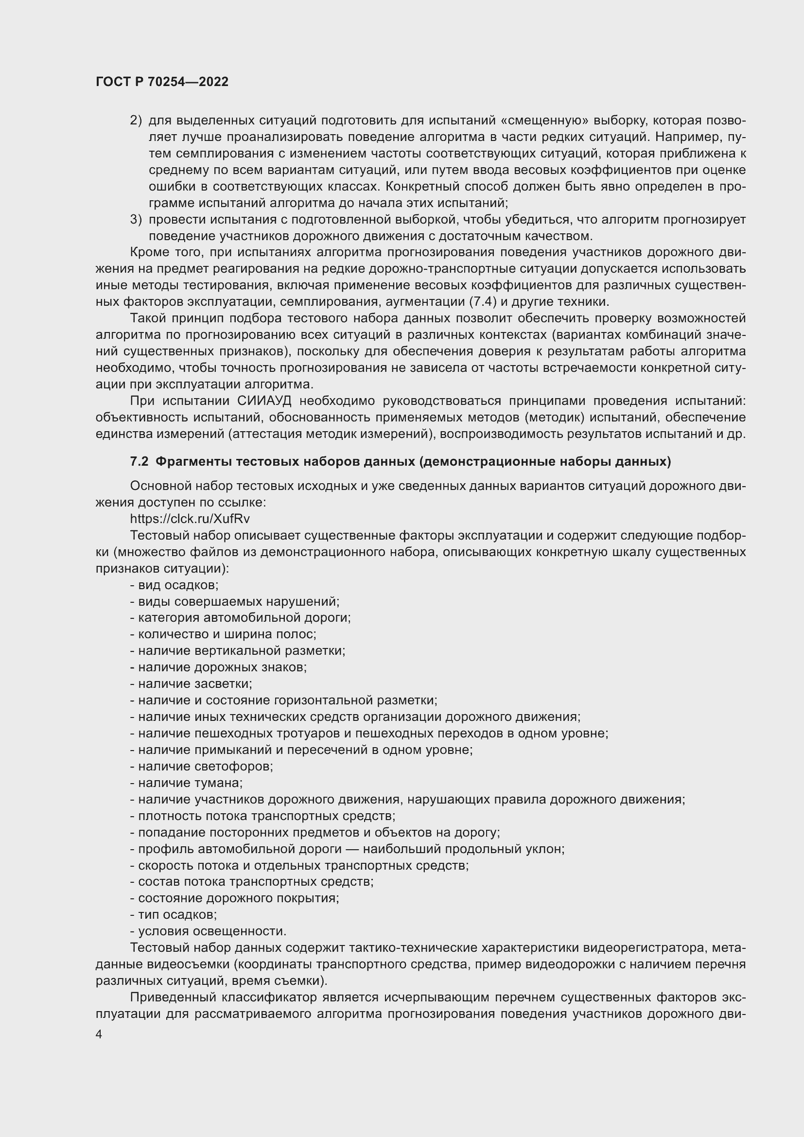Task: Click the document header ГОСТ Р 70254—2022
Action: pos(162,82)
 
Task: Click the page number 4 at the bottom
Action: pos(99,1034)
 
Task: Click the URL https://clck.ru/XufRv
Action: pos(190,519)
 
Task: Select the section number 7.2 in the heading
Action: pos(139,461)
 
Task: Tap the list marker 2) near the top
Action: pos(136,121)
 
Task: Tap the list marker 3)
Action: pos(136,219)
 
